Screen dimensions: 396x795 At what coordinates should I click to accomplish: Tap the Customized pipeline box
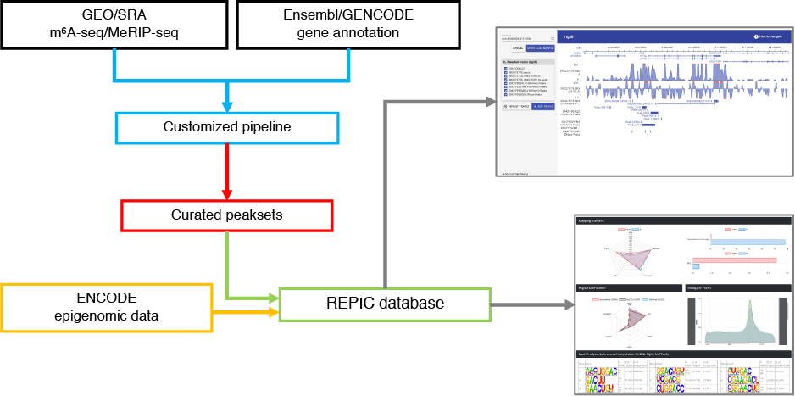coord(226,127)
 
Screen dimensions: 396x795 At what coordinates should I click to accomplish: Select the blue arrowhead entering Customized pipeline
coord(226,106)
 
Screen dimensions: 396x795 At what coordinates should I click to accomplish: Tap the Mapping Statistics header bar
coord(683,221)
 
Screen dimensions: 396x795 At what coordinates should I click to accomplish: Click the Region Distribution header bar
coord(628,287)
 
